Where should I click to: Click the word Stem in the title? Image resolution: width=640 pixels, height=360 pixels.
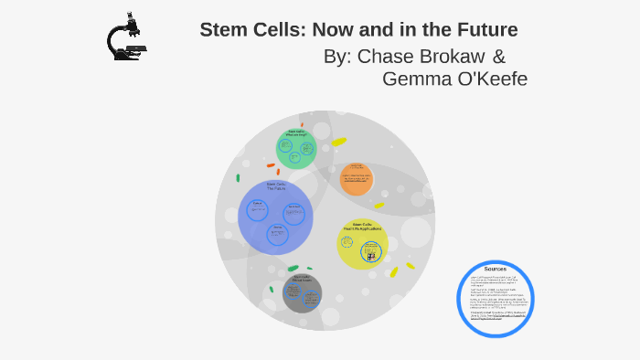click(x=223, y=30)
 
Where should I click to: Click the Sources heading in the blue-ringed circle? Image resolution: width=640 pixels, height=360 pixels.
click(x=495, y=269)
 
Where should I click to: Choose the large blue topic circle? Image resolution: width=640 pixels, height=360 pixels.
click(x=275, y=217)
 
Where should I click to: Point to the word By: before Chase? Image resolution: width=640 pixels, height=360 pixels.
click(x=338, y=56)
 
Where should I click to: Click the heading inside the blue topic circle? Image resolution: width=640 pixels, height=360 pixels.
click(x=276, y=186)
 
